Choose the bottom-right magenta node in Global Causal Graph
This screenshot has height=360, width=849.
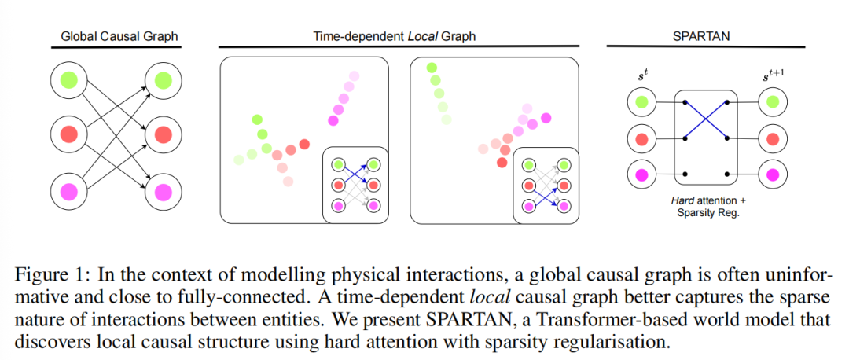click(x=164, y=191)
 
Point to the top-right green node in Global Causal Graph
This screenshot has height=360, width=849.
click(x=164, y=79)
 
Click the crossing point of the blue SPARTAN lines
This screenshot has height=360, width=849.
click(x=707, y=119)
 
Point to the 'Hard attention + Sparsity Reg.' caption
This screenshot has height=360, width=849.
click(x=706, y=207)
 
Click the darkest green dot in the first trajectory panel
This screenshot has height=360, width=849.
click(x=257, y=119)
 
